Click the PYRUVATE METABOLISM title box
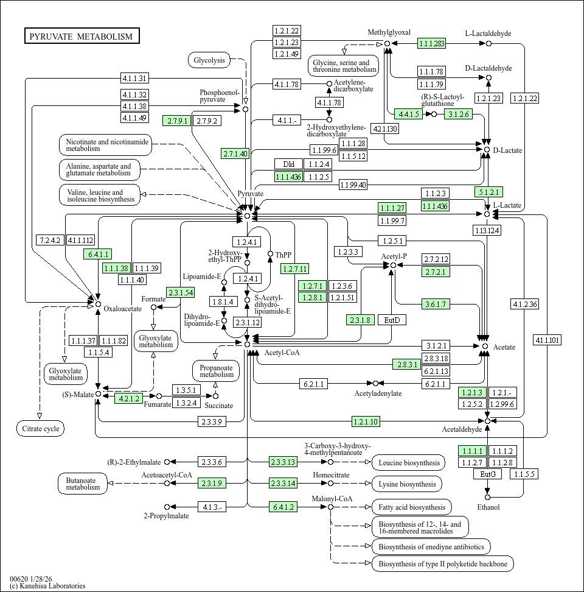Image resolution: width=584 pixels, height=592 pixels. pos(82,37)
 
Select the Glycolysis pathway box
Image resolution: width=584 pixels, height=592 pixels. pos(209,60)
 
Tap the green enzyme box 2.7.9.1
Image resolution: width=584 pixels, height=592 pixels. pos(176,121)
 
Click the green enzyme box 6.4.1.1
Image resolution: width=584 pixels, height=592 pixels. pos(98,254)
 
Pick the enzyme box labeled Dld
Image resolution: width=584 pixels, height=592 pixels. pos(288,164)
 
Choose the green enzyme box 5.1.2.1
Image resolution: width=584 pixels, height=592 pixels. pos(488,192)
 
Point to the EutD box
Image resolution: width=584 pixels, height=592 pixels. pos(392,320)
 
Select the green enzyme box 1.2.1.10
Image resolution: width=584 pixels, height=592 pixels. pos(366,421)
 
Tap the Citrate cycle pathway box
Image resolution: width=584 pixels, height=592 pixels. pos(40,429)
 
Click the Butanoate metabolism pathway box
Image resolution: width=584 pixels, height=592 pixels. pos(83,483)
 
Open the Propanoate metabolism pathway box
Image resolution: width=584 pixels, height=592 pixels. pos(216,371)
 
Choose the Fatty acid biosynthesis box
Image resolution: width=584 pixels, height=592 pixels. pos(411,507)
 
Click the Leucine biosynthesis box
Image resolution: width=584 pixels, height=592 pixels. pos(408,463)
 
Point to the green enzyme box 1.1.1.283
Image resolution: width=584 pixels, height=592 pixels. pos(431,43)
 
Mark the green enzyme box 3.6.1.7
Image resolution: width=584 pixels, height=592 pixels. pos(436,304)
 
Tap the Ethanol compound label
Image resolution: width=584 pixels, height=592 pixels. pos(488,507)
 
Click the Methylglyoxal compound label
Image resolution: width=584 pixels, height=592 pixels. pos(389,32)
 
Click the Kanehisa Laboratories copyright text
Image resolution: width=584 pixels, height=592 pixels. pos(47,586)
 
